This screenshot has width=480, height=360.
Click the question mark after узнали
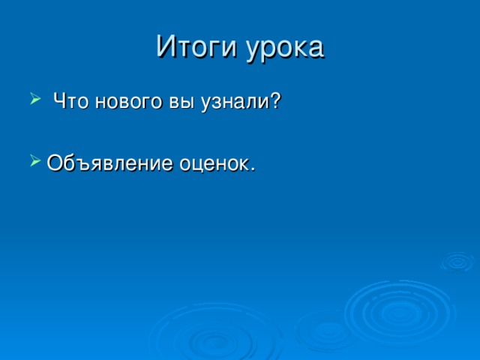(276, 100)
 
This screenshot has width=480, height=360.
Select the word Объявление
(109, 162)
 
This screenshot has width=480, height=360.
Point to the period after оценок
(252, 168)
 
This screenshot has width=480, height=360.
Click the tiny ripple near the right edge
(456, 261)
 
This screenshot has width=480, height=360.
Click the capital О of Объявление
(55, 162)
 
